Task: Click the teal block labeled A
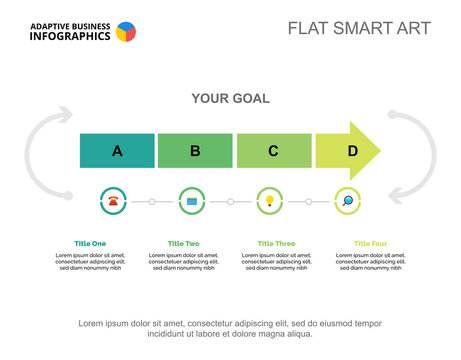pos(117,151)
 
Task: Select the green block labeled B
pos(195,151)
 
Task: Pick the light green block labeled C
pos(273,151)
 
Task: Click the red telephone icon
pos(114,201)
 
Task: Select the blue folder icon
pos(192,201)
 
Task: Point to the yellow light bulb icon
pos(269,201)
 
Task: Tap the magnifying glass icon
pos(347,201)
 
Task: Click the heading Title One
pos(90,243)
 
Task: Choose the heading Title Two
pos(183,243)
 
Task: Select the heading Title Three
pos(276,243)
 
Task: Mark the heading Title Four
pos(370,243)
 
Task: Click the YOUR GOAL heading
pos(230,98)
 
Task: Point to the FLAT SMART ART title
pos(359,28)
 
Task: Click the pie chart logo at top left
pos(126,32)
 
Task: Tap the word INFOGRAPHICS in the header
pos(70,36)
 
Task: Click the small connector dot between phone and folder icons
pos(152,201)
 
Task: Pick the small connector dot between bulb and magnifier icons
pos(308,201)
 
